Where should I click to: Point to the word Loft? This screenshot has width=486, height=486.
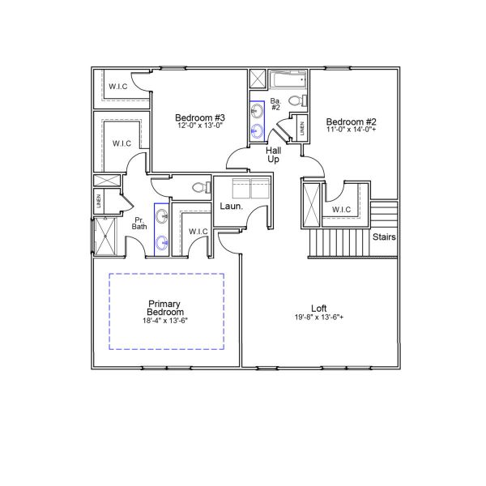click(x=319, y=308)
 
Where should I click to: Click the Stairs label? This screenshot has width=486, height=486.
click(x=384, y=237)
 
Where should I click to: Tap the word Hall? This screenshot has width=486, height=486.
click(x=274, y=150)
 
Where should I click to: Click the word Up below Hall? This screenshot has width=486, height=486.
click(x=274, y=159)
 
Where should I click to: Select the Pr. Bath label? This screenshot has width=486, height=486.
click(x=139, y=223)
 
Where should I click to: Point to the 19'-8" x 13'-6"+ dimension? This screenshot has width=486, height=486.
click(x=319, y=318)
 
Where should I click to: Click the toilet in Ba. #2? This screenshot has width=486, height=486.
click(x=296, y=101)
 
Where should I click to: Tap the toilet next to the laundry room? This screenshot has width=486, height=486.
click(x=198, y=187)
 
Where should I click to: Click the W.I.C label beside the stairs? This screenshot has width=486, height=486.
click(x=341, y=211)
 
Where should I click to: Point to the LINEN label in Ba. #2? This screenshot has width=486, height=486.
click(x=303, y=128)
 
